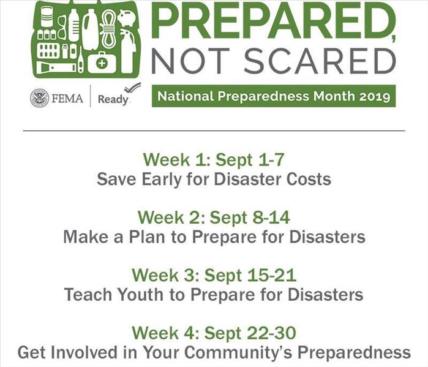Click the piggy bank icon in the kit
tap(127, 18)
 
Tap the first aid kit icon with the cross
tap(102, 63)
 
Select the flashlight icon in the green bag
tap(56, 67)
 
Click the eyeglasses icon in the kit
tap(62, 28)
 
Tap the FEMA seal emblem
tap(39, 98)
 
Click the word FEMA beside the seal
tap(67, 98)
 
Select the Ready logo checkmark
tap(133, 88)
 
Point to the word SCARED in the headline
tap(320, 61)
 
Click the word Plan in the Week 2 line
tap(147, 236)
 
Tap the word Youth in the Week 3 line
tap(141, 295)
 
